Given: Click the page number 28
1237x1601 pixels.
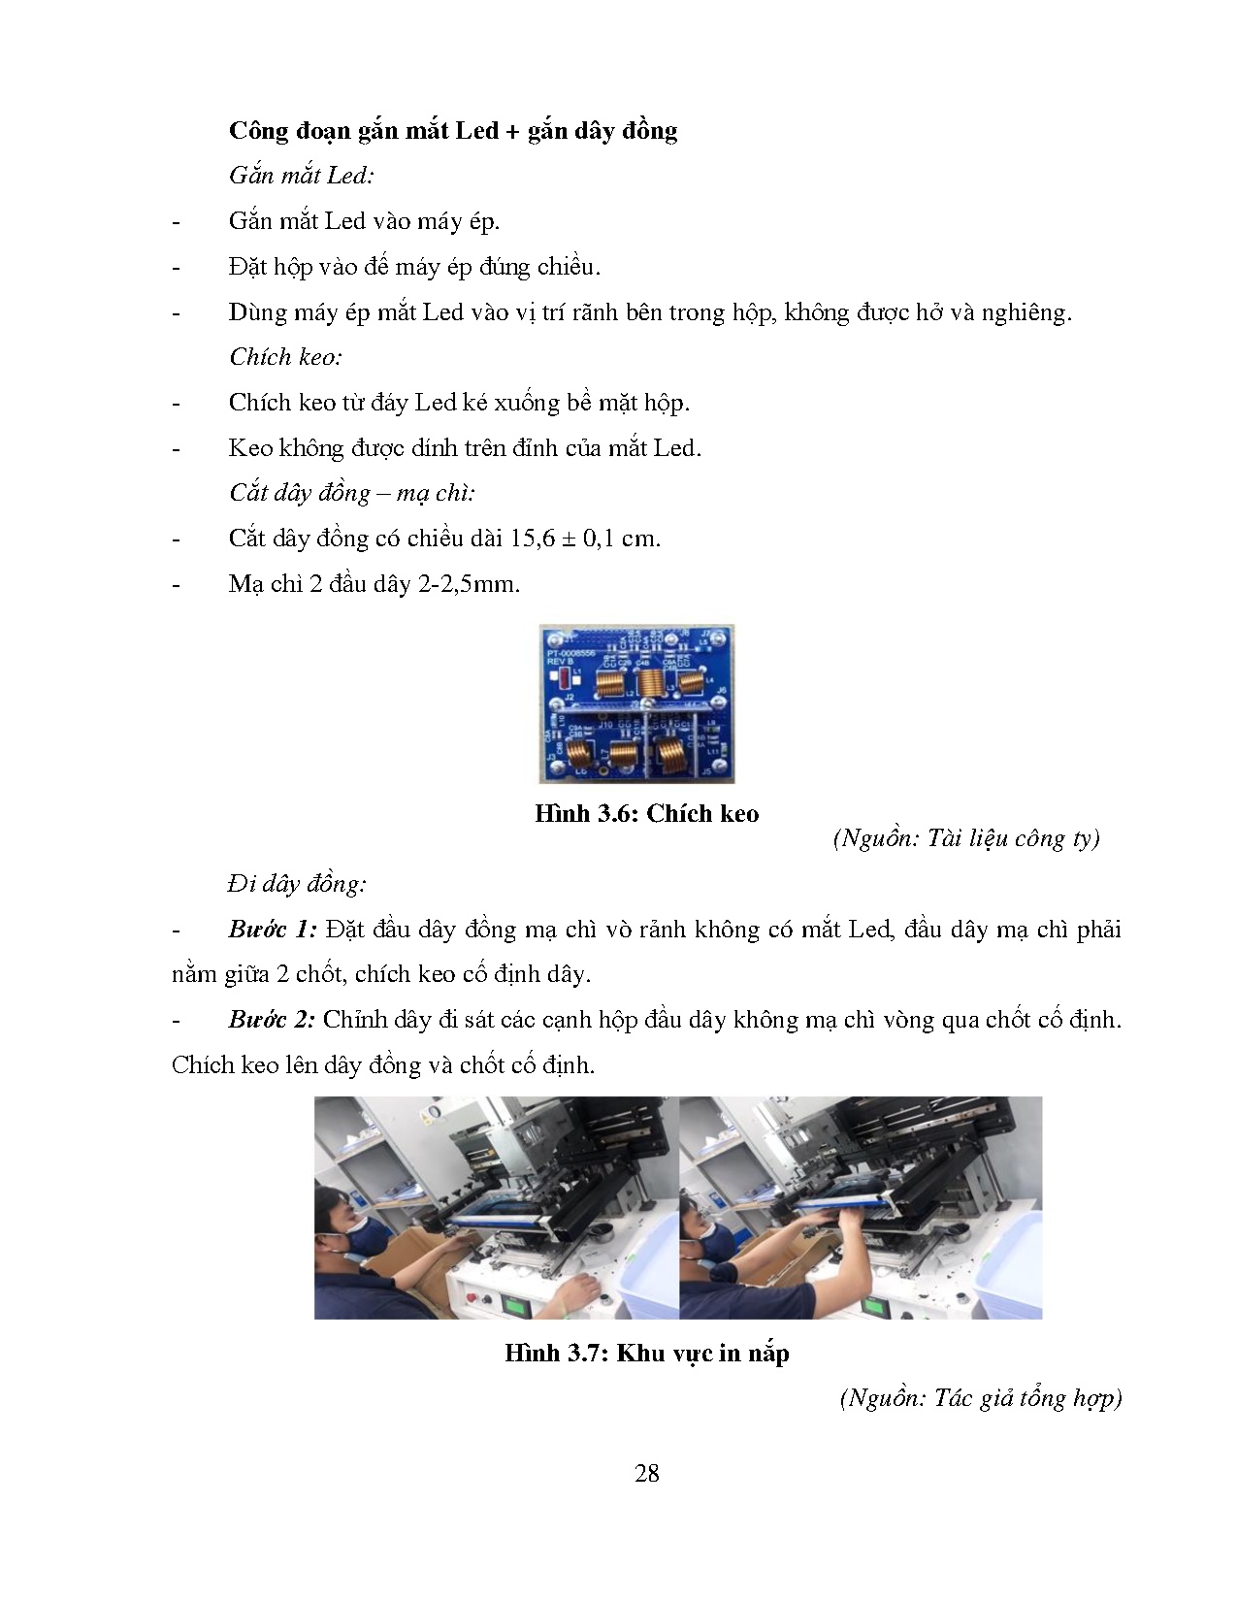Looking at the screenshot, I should coord(646,1474).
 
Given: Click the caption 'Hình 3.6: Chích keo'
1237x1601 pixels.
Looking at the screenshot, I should coord(646,814).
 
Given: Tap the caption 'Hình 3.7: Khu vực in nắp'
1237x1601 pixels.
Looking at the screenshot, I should coord(646,1353).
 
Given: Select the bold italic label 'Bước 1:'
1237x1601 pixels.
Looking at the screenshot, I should coord(272,930).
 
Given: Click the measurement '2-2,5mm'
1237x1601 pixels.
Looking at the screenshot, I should coord(474,584).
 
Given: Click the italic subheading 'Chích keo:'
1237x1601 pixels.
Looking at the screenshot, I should coord(285,357).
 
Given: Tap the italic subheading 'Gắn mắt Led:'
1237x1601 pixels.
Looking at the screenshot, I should coord(302,176).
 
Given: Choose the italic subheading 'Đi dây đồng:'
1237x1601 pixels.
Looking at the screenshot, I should coord(297,884).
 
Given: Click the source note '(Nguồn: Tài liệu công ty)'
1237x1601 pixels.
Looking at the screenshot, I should coord(966,838).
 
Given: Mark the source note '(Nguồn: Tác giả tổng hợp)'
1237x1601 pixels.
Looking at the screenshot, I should coord(980,1398).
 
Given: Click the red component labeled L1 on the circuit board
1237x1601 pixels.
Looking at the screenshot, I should coord(564,678).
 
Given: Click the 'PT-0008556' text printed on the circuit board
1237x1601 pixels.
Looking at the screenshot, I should coord(573,653).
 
